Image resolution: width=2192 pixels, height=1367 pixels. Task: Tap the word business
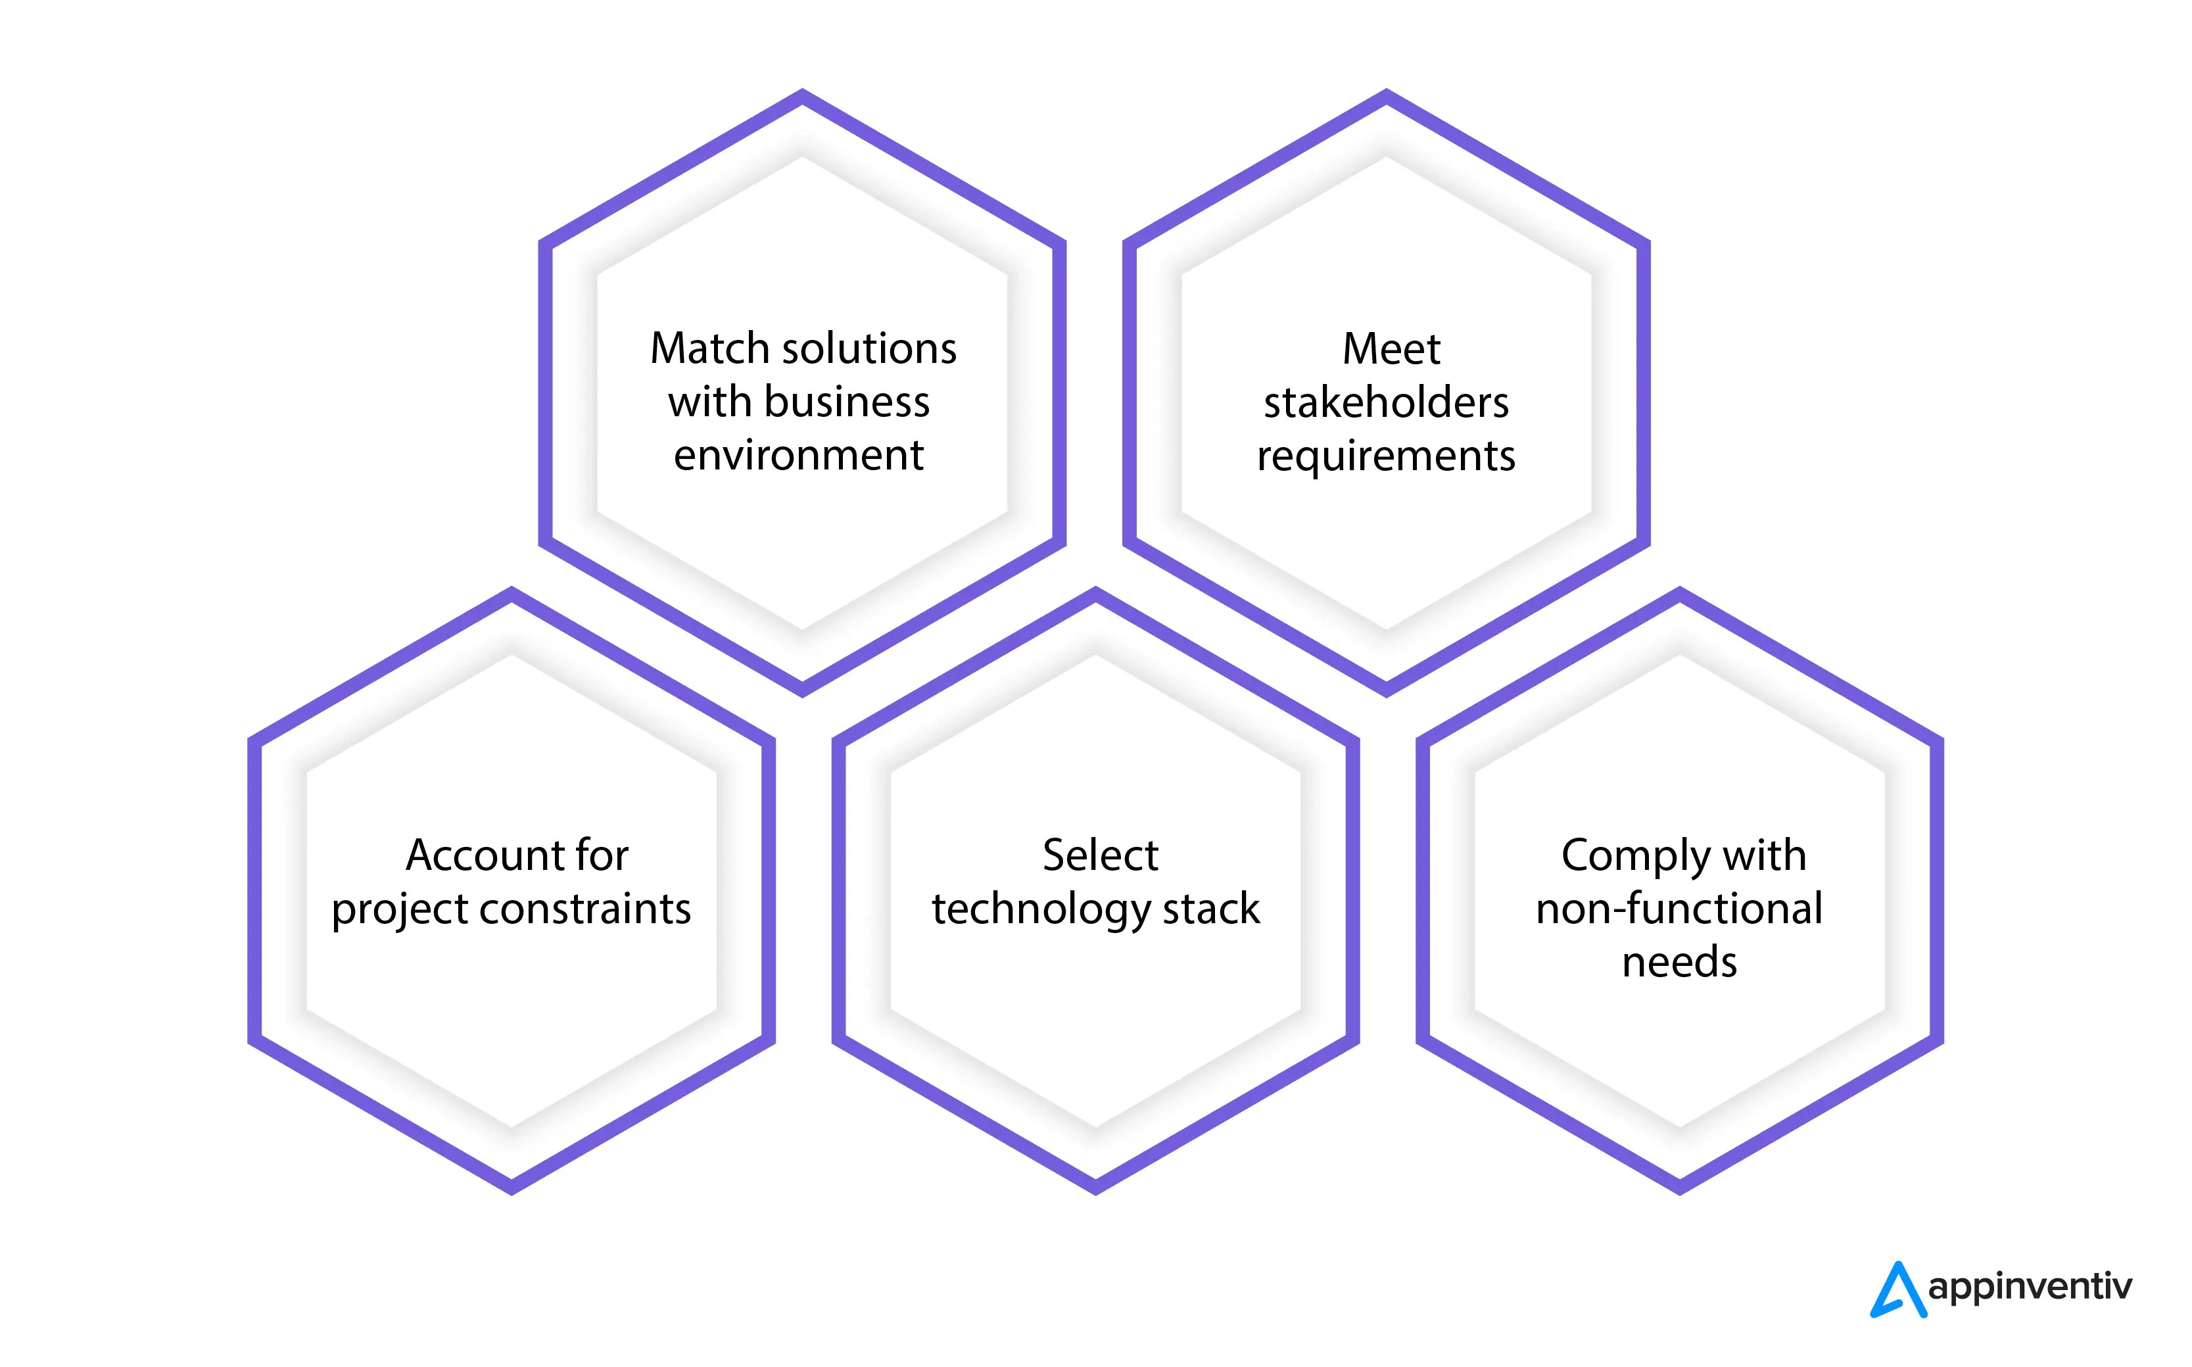pyautogui.click(x=846, y=402)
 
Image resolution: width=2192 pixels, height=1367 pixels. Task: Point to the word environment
pyautogui.click(x=798, y=455)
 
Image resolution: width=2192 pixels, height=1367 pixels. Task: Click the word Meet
pyautogui.click(x=1391, y=349)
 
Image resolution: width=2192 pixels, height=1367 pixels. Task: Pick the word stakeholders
pyautogui.click(x=1386, y=402)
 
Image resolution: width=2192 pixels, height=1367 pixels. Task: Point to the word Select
pyautogui.click(x=1099, y=855)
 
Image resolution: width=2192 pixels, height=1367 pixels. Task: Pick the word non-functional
pyautogui.click(x=1679, y=909)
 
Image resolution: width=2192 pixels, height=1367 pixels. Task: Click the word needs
pyautogui.click(x=1679, y=962)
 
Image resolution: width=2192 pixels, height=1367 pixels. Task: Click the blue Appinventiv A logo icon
pyautogui.click(x=1897, y=1290)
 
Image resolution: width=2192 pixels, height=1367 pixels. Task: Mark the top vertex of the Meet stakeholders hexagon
pyautogui.click(x=1386, y=94)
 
